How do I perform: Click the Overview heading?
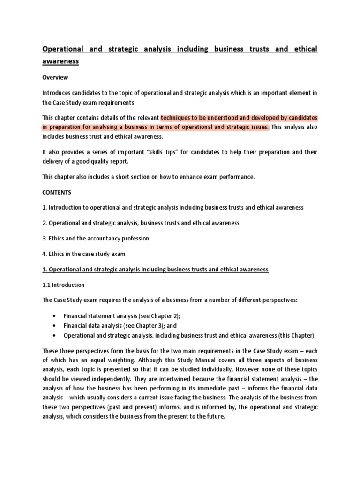click(56, 77)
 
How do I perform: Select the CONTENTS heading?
click(57, 192)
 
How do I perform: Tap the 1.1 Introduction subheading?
click(63, 285)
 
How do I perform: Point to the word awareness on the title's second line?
click(60, 61)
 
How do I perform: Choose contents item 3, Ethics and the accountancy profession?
click(96, 238)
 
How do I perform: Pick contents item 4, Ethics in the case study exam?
click(84, 254)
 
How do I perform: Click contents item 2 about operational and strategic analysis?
click(141, 223)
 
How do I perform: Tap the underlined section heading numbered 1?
click(155, 269)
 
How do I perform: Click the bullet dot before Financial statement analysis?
click(56, 315)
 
